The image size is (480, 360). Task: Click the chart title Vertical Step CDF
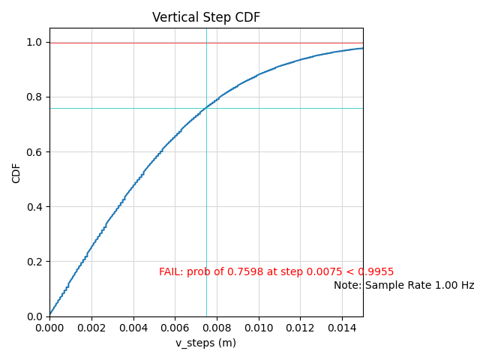click(206, 17)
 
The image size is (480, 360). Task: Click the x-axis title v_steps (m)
click(206, 343)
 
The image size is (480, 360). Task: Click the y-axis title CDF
click(16, 172)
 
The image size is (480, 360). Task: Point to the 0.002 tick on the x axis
click(91, 328)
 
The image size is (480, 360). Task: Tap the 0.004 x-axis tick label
click(133, 328)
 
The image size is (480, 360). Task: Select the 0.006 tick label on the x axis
click(175, 328)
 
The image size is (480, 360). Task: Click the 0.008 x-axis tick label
click(217, 328)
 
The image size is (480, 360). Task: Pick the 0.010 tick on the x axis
click(259, 328)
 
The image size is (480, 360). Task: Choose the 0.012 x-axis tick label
click(300, 328)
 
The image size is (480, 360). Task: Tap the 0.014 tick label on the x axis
click(342, 328)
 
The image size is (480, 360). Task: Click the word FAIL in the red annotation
click(170, 272)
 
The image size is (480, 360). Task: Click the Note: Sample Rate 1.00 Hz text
click(403, 286)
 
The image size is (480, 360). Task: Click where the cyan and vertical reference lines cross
click(206, 108)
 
